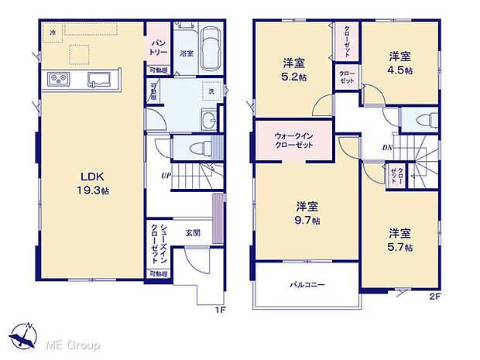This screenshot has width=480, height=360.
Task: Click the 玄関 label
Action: click(x=194, y=231)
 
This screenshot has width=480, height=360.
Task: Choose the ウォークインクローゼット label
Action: click(x=293, y=141)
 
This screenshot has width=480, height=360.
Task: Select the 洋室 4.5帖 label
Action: click(x=399, y=63)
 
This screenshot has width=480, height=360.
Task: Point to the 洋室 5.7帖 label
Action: click(x=399, y=239)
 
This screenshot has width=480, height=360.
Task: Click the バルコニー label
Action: click(x=307, y=285)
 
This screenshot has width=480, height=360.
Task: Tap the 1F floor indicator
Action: click(x=218, y=309)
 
